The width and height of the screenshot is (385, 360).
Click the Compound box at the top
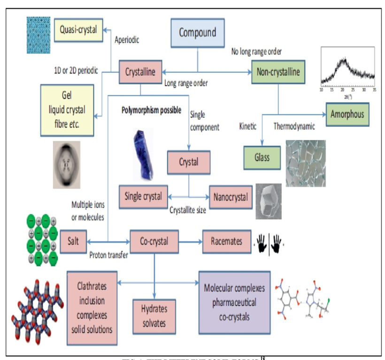[x=197, y=33]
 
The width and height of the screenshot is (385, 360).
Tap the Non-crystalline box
[x=278, y=72]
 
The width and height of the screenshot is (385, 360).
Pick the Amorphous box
[x=347, y=114]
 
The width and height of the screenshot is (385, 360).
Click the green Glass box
[x=262, y=158]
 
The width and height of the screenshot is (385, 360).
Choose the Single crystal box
[x=143, y=196]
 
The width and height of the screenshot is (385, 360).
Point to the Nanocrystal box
[x=230, y=197]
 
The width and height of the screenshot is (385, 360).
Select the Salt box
[x=73, y=241]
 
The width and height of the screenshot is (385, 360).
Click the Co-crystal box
[x=155, y=242]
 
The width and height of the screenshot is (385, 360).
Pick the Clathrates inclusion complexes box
[x=92, y=308]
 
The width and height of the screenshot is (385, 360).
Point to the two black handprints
[x=269, y=242]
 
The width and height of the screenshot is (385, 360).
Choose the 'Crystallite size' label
[x=188, y=210]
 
